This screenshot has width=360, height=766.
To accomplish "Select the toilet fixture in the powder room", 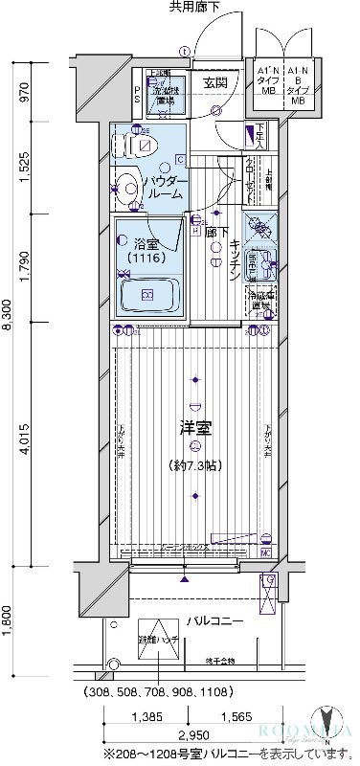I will pos(134,146).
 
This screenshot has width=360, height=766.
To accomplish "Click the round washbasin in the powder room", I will pos(126,188).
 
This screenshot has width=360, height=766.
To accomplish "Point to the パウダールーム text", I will pos(169,187).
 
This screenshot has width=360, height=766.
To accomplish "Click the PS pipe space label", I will pos(137,96).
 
